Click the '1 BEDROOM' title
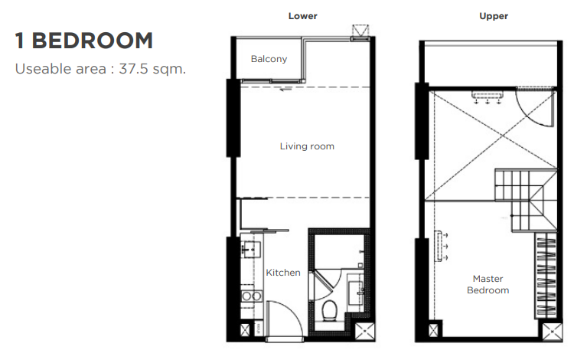[84, 41]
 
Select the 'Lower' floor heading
[302, 16]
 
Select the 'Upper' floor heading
[494, 16]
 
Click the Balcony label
[269, 59]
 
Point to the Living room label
[307, 146]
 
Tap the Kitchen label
[283, 273]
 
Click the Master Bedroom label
[488, 284]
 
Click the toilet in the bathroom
[329, 310]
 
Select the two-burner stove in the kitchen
[251, 296]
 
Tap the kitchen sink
[250, 249]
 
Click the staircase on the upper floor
[526, 199]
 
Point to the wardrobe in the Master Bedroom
[546, 275]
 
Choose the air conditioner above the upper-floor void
[487, 97]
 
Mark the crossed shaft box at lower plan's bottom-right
[364, 332]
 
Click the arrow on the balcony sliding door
[285, 89]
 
